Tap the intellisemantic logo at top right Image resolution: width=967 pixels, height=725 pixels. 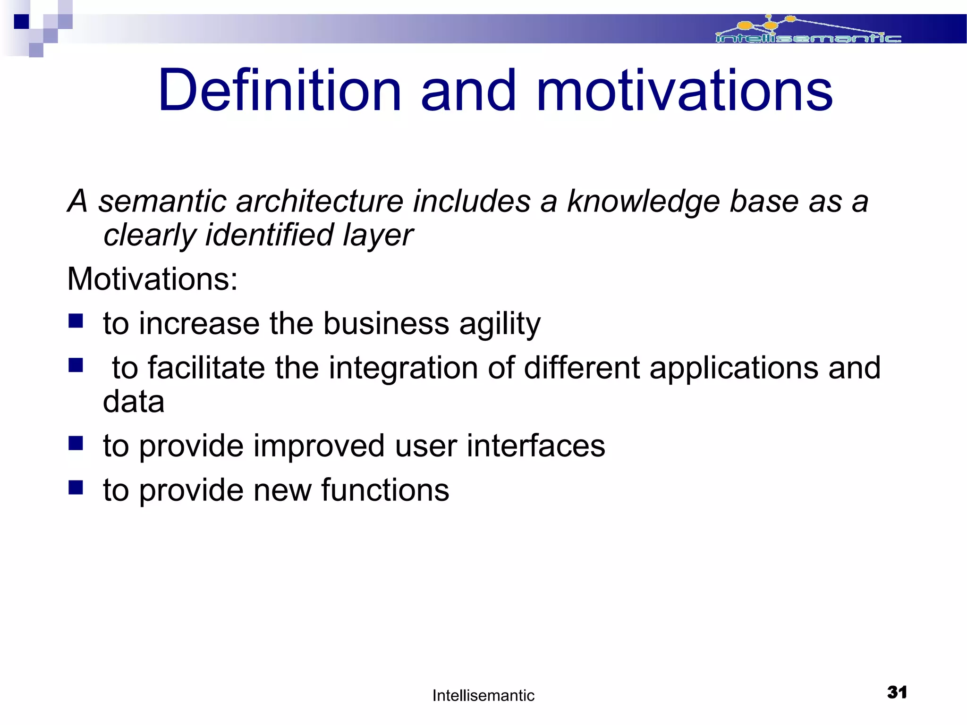click(808, 31)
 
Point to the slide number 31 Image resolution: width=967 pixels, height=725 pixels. click(897, 692)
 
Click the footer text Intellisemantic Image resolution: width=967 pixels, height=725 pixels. click(483, 695)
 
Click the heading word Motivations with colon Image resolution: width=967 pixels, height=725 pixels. click(153, 279)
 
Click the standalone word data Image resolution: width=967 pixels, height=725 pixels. click(134, 402)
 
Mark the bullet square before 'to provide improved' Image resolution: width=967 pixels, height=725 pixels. click(76, 443)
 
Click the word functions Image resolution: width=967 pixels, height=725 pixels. click(385, 490)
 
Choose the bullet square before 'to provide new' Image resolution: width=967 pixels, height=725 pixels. click(76, 487)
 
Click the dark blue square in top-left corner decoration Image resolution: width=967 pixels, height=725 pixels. click(21, 22)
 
